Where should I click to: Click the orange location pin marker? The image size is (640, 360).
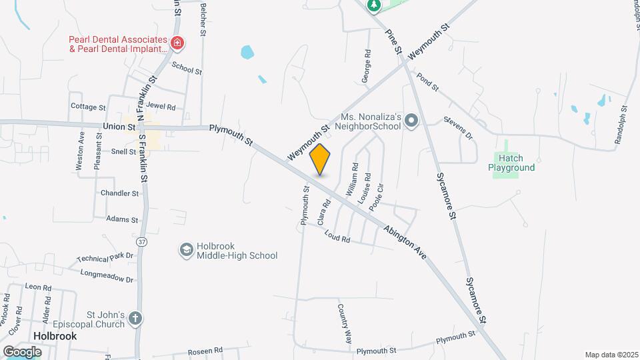(320, 159)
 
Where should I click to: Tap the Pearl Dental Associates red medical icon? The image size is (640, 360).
(177, 44)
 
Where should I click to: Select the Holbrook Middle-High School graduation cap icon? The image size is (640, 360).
(187, 250)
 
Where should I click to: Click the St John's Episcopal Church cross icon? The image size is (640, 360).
(135, 318)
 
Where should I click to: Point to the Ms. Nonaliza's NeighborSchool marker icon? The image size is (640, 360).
(411, 121)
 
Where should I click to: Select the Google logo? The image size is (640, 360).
(22, 351)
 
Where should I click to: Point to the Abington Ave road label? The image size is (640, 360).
(405, 242)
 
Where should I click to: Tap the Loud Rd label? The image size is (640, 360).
(337, 235)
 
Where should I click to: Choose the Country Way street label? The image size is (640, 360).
(345, 323)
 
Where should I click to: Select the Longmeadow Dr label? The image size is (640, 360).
(107, 275)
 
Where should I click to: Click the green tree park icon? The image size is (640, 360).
(374, 5)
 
